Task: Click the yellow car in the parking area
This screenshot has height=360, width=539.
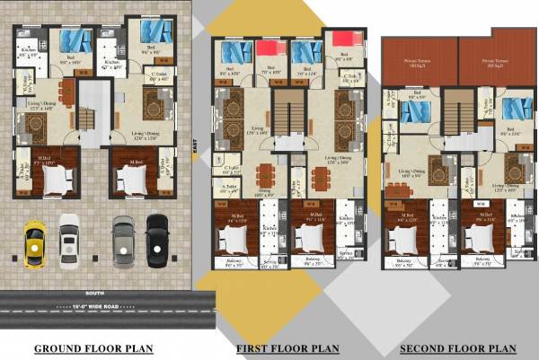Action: click(x=33, y=243)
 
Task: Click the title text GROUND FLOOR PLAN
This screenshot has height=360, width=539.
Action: click(x=93, y=348)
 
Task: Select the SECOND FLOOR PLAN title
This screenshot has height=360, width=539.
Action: click(x=458, y=348)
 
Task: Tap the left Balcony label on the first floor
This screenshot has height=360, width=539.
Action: click(x=234, y=262)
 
